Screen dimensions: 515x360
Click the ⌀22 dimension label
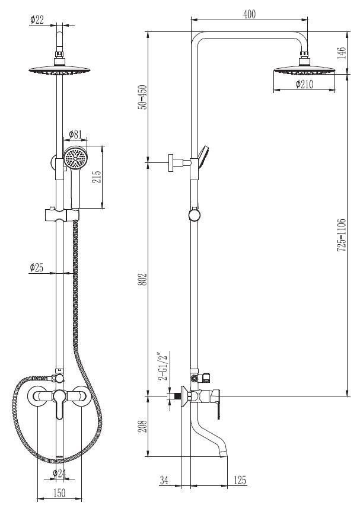[x=37, y=20]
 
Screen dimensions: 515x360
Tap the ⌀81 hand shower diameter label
[x=75, y=134]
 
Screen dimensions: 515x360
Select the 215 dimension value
[x=98, y=177]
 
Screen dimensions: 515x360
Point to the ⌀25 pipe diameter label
[x=37, y=267]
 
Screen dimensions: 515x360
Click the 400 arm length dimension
[x=249, y=14]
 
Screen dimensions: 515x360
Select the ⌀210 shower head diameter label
[x=305, y=84]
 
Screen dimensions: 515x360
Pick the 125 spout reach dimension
[x=240, y=479]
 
